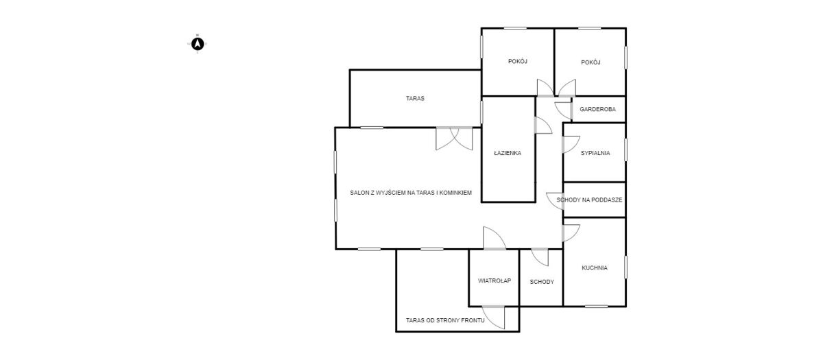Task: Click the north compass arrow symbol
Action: (x=198, y=44)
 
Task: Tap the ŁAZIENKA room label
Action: (x=508, y=153)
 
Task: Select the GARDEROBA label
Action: (x=597, y=109)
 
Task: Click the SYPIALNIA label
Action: (x=595, y=153)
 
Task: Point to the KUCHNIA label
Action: (x=595, y=268)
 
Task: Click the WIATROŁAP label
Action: (x=494, y=280)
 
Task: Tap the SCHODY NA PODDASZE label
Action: (x=589, y=200)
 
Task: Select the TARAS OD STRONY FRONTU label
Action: (x=445, y=320)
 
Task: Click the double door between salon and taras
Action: (x=454, y=139)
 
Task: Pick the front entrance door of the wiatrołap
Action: (x=493, y=317)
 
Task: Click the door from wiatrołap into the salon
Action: (x=494, y=239)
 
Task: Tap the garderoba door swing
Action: (x=563, y=110)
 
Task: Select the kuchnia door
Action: (x=571, y=233)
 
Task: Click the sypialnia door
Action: (x=571, y=145)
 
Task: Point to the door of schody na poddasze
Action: (x=555, y=202)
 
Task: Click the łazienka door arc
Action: (x=543, y=125)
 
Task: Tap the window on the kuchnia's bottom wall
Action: (x=596, y=306)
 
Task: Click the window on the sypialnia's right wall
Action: (x=625, y=149)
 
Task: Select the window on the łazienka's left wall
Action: (x=481, y=112)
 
